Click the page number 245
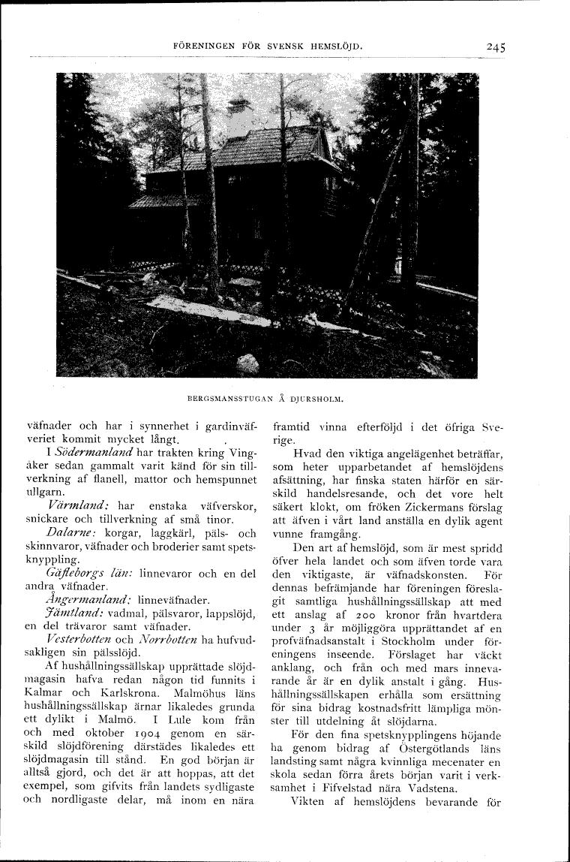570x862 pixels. [x=495, y=46]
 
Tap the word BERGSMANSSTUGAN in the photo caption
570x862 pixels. [x=226, y=399]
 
